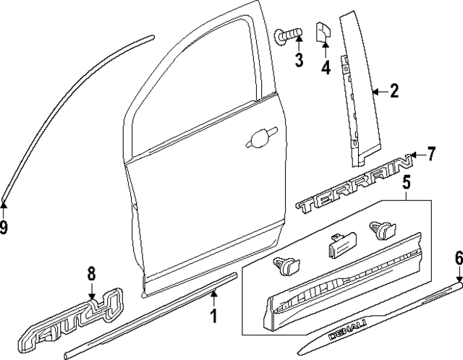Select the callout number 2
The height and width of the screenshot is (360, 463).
394,91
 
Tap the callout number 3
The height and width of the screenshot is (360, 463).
298,61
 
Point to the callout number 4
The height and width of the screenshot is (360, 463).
326,69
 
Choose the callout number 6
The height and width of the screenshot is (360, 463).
458,258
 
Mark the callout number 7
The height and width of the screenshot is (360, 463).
431,153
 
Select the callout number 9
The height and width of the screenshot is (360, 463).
4,228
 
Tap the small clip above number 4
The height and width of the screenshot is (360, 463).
323,33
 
